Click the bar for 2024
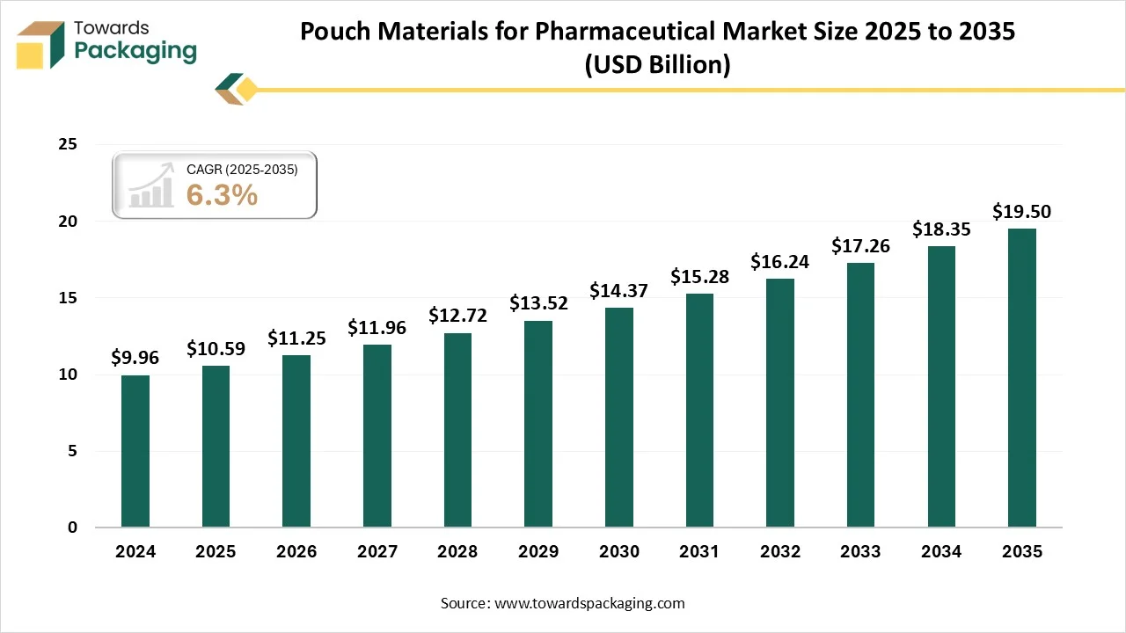[x=135, y=451]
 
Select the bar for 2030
[x=619, y=418]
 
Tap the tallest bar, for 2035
[x=1022, y=378]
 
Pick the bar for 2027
[x=377, y=436]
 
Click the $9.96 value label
[x=135, y=357]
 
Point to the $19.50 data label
[x=1021, y=211]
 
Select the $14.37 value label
[x=619, y=289]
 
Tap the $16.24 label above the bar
[x=780, y=261]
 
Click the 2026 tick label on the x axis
[x=296, y=552]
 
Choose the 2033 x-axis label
[x=860, y=552]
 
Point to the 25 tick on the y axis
[x=68, y=144]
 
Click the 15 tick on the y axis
[x=68, y=298]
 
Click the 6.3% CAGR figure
[x=222, y=195]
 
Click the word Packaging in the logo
[x=135, y=51]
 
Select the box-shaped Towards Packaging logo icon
[x=41, y=45]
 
